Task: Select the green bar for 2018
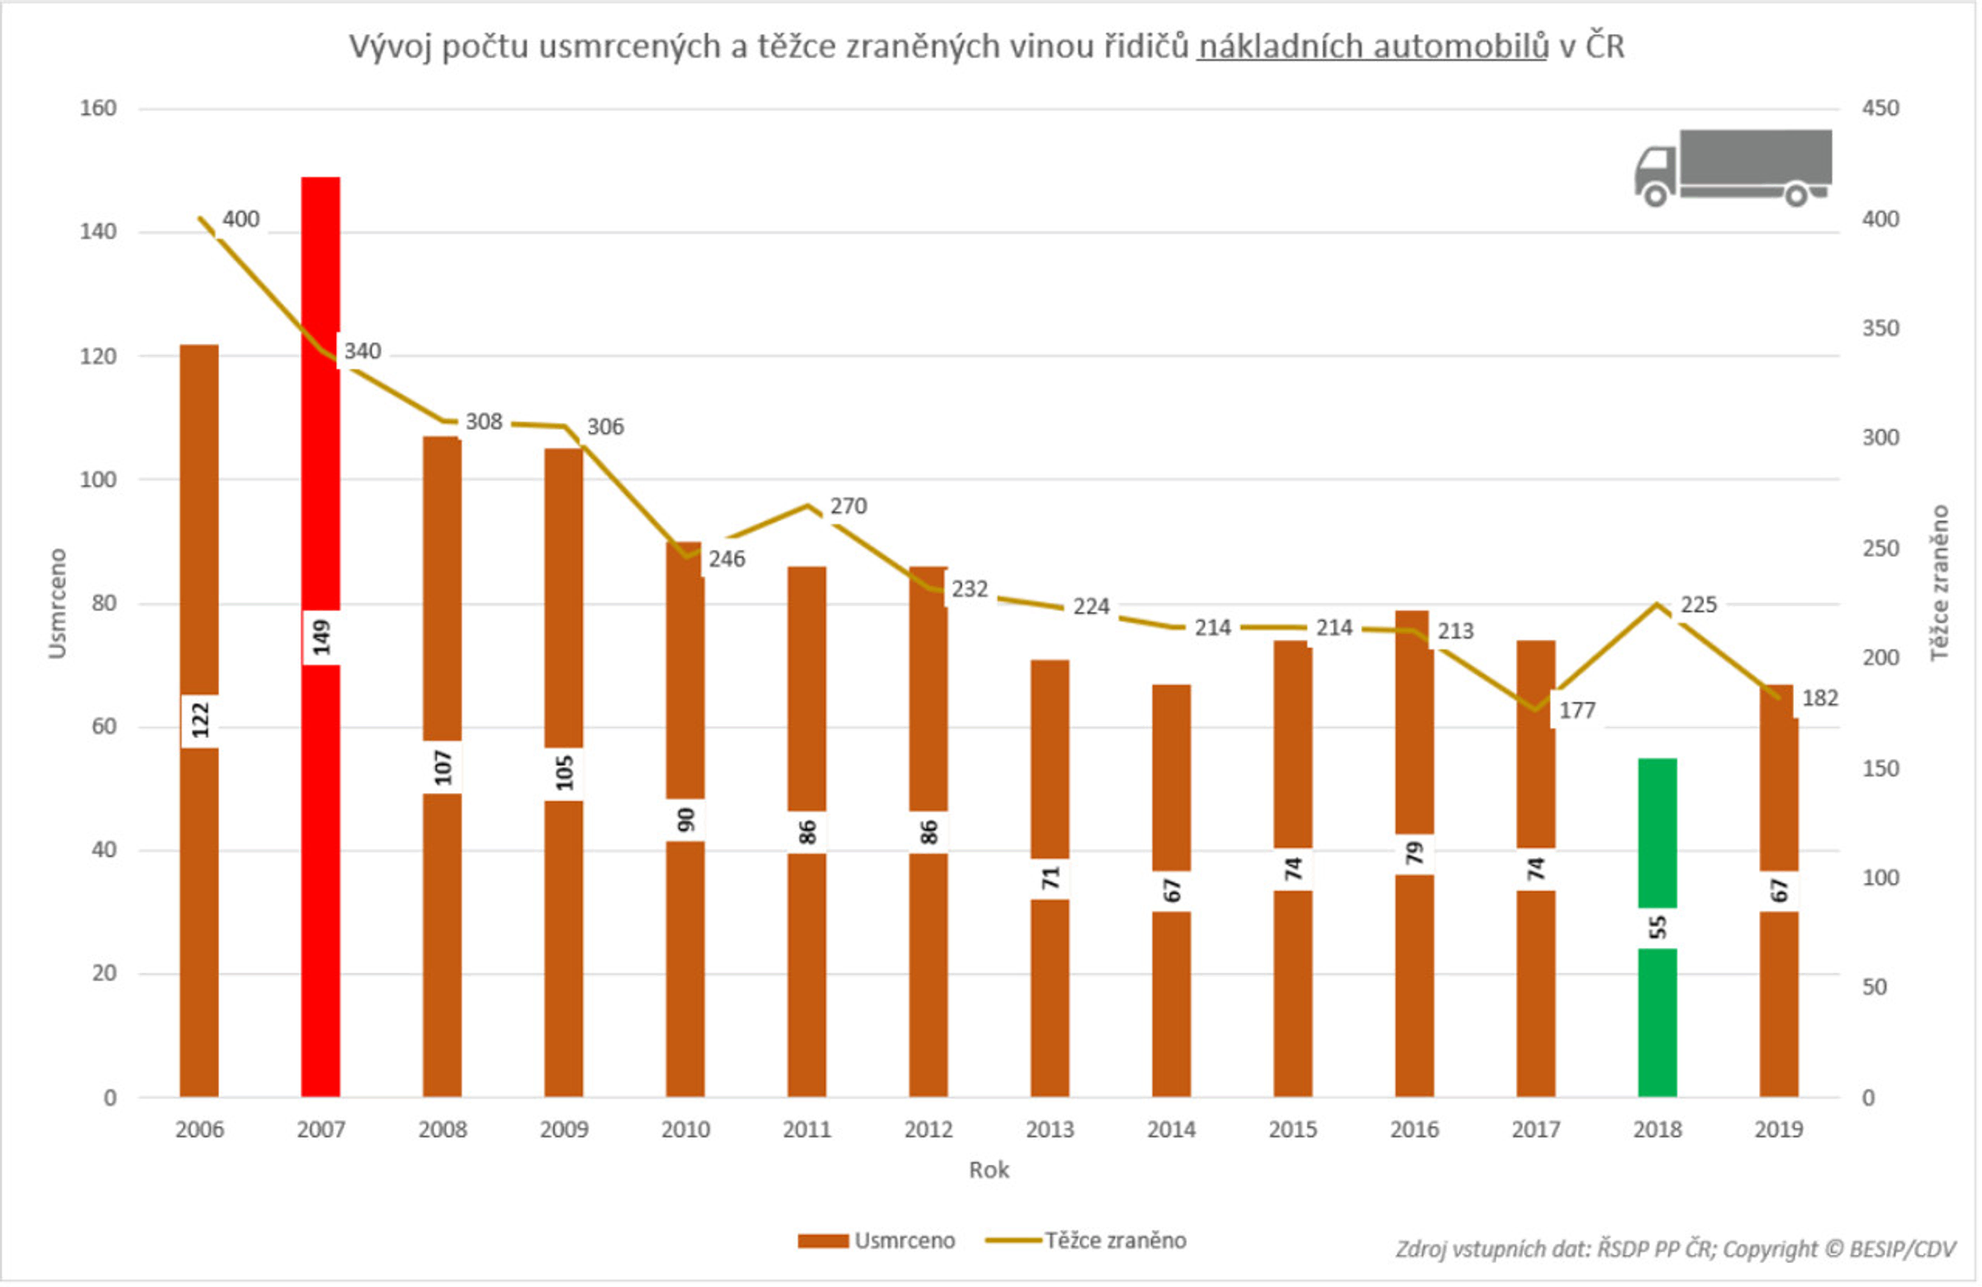coord(1657,833)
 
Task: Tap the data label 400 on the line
coord(240,219)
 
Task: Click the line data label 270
coord(848,506)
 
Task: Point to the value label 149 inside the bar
coord(321,637)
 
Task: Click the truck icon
coord(1732,167)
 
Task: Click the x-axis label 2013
coord(1050,1129)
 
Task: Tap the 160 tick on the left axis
coord(97,108)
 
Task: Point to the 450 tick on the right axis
coord(1880,108)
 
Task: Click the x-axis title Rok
coord(989,1170)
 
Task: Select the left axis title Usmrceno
coord(57,603)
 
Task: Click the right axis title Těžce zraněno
coord(1940,583)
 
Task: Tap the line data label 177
coord(1577,710)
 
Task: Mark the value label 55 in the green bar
coord(1657,927)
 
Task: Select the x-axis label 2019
coord(1778,1129)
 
